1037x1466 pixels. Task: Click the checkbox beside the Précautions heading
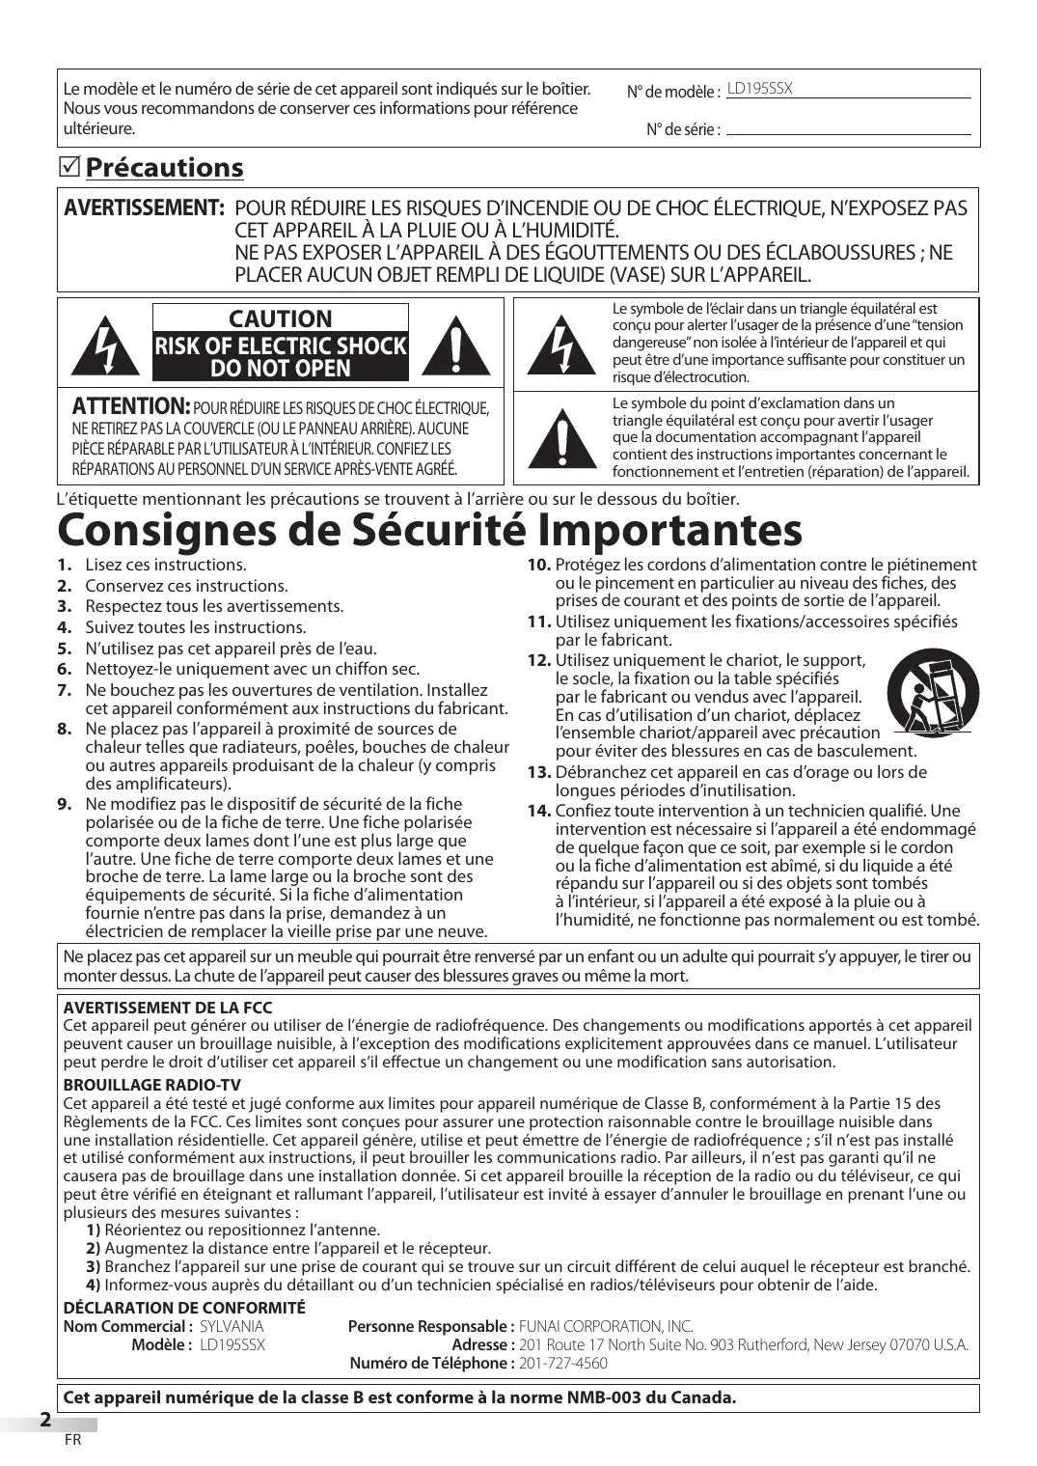pyautogui.click(x=69, y=168)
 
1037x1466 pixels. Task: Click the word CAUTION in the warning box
pyautogui.click(x=280, y=318)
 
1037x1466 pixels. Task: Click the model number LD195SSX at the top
pyautogui.click(x=759, y=89)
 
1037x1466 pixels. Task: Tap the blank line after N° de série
pyautogui.click(x=848, y=129)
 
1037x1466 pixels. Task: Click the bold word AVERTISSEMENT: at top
pyautogui.click(x=144, y=208)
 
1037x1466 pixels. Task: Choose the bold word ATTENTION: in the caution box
pyautogui.click(x=130, y=405)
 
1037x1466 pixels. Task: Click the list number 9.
pyautogui.click(x=64, y=804)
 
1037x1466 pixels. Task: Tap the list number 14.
pyautogui.click(x=538, y=810)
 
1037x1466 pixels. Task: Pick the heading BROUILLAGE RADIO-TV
pyautogui.click(x=151, y=1085)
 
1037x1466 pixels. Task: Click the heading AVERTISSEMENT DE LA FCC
pyautogui.click(x=168, y=1008)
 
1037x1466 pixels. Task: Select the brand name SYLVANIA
pyautogui.click(x=232, y=1326)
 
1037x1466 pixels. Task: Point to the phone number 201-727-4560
pyautogui.click(x=563, y=1363)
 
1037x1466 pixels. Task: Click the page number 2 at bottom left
pyautogui.click(x=45, y=1420)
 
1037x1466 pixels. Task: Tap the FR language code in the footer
pyautogui.click(x=72, y=1440)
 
